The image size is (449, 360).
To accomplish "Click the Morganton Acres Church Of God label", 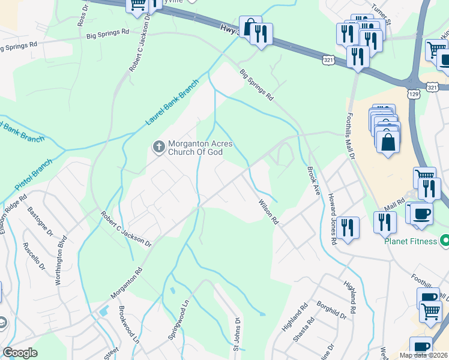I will coord(195,148).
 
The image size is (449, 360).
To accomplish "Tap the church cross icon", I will coord(159,146).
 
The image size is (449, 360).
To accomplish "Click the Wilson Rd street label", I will coord(269,212).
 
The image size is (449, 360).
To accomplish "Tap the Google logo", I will coord(20,353).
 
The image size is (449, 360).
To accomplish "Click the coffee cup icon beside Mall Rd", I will coord(421,214).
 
